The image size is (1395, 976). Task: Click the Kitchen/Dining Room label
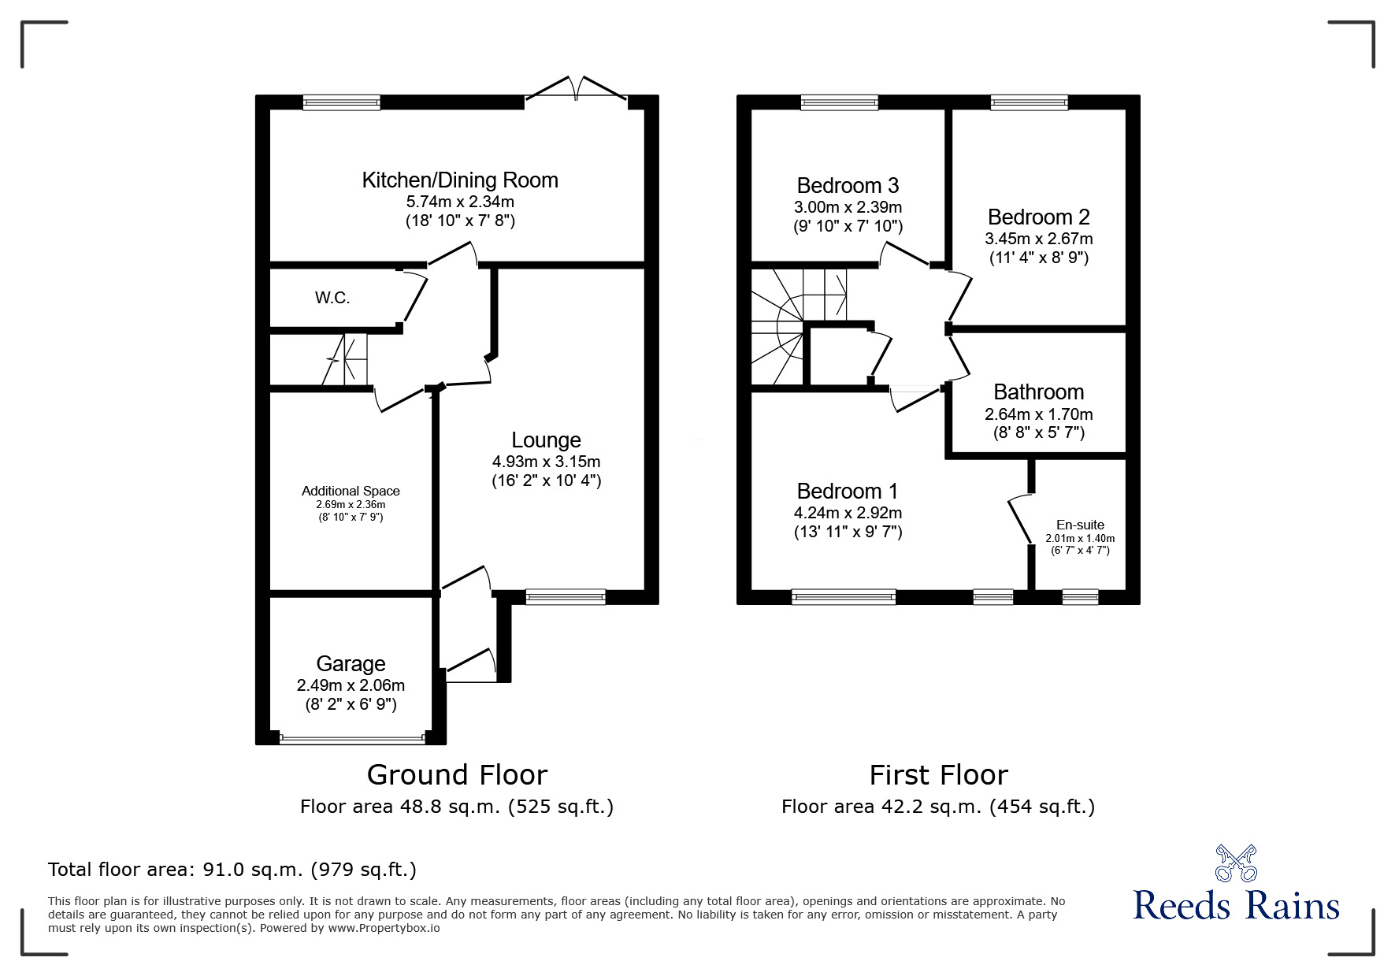tap(460, 180)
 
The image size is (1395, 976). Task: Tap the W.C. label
tap(332, 298)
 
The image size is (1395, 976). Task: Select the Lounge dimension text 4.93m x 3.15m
tap(546, 462)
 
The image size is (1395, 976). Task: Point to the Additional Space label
tap(351, 491)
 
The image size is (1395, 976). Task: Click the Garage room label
tap(351, 664)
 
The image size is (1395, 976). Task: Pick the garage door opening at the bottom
tap(351, 739)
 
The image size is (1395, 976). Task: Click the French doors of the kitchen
tap(576, 89)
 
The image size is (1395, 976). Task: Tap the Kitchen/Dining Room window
tap(342, 102)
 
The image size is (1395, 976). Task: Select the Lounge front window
tap(566, 597)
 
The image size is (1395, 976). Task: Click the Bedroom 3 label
tap(848, 186)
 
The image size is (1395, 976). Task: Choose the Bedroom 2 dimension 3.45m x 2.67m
tap(1038, 239)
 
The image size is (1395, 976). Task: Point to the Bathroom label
tap(1038, 392)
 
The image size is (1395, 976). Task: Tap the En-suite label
tap(1080, 525)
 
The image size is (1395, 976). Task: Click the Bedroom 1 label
tap(848, 492)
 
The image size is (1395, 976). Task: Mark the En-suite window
tap(1079, 597)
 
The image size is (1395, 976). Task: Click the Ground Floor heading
tap(457, 775)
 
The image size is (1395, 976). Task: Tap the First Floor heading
tap(938, 775)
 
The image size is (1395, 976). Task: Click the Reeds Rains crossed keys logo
tap(1236, 863)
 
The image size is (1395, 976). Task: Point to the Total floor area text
tap(232, 870)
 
